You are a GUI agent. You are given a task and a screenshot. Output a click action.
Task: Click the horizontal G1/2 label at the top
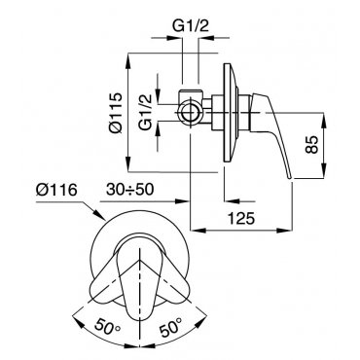191,26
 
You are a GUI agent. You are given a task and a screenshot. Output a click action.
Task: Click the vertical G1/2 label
146,112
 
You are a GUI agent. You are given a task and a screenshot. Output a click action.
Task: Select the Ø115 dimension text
115,113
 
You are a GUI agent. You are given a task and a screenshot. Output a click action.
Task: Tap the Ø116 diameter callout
56,190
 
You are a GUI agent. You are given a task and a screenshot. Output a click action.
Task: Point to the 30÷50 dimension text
129,190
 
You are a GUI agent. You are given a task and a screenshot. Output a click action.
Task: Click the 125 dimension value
240,218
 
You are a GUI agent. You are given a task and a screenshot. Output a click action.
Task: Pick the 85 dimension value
312,144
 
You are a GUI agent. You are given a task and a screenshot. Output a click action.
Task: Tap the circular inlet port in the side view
191,113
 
